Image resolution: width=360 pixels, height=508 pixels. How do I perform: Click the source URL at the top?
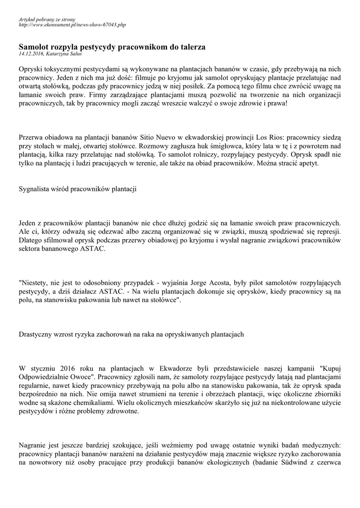coord(72,24)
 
